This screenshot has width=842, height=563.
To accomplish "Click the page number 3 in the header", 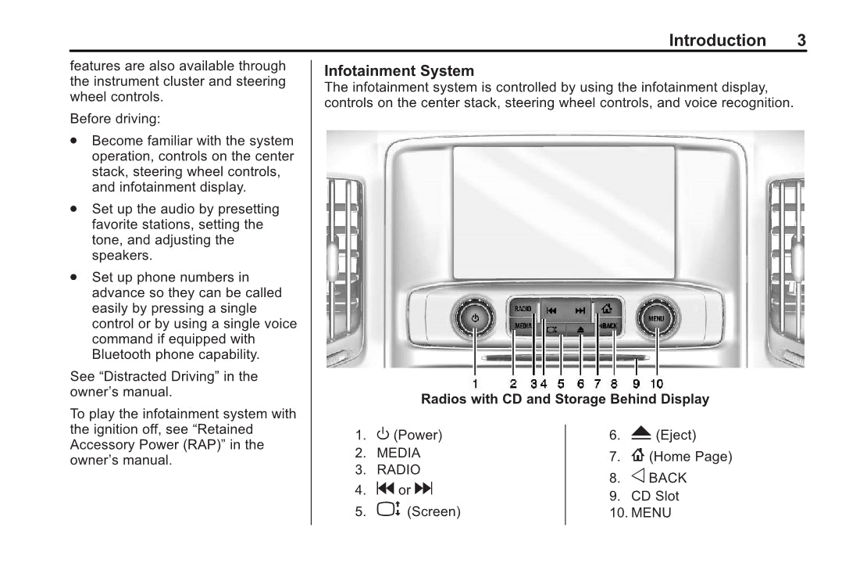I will (x=801, y=41).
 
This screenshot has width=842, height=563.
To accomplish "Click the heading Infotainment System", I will (x=399, y=71).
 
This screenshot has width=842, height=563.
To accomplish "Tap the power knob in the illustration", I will (x=475, y=318).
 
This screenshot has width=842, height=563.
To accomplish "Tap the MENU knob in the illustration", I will (x=656, y=318).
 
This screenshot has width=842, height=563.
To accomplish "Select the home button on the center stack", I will (x=607, y=308).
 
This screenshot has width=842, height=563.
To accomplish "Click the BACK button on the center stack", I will (x=608, y=325).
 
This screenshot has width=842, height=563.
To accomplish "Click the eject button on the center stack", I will (x=580, y=330).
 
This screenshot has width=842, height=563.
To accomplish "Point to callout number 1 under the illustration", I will (x=475, y=384).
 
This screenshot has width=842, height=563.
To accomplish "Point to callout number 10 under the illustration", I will (x=656, y=384).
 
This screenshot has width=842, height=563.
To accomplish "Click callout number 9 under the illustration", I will (x=637, y=384).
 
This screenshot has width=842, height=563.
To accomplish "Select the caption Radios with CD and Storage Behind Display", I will (x=565, y=400).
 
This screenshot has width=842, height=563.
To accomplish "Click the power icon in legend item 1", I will (x=383, y=434).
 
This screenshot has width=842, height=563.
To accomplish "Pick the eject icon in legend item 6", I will (x=641, y=434).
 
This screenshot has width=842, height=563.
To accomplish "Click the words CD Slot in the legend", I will (x=655, y=496).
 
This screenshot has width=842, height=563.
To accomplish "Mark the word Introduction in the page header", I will (x=717, y=41).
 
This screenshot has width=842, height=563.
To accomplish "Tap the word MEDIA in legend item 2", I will (x=398, y=453).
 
